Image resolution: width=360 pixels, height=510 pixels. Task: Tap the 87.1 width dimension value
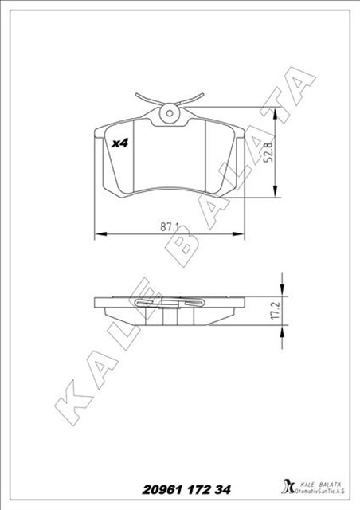tap(168, 226)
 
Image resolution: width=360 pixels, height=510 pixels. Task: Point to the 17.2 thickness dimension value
tap(273, 310)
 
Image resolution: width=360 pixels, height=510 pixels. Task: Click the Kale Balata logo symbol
tap(288, 486)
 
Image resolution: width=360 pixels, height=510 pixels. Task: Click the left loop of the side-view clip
tap(147, 302)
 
